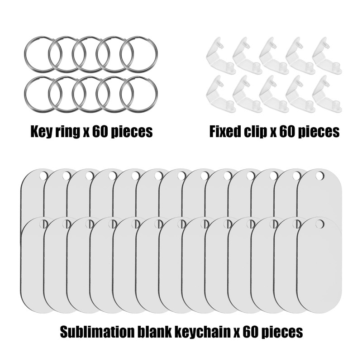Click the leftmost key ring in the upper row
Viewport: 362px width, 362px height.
click(41, 54)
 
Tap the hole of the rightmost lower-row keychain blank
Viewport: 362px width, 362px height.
click(320, 224)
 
